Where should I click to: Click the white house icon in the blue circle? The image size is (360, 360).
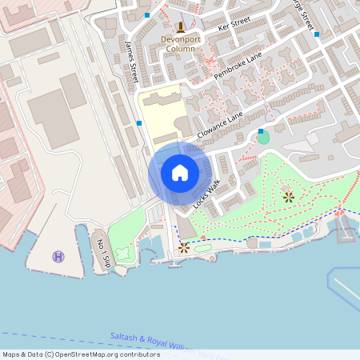[180, 173]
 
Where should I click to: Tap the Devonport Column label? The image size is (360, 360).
[178, 43]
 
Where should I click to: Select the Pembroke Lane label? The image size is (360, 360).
[237, 68]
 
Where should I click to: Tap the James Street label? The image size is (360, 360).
[132, 61]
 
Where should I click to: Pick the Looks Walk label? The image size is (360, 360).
[206, 193]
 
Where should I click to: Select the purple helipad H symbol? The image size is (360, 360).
[58, 256]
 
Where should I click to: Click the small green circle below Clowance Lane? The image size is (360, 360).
[263, 138]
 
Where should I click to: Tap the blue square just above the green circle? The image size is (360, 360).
[260, 130]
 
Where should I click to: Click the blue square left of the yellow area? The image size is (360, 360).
[140, 123]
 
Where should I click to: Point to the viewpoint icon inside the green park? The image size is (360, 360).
[288, 196]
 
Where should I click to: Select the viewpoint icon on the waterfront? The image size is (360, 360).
[184, 247]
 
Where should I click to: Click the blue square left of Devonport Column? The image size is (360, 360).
[147, 14]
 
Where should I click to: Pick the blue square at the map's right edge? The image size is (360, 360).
[318, 34]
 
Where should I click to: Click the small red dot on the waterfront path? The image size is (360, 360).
[203, 237]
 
